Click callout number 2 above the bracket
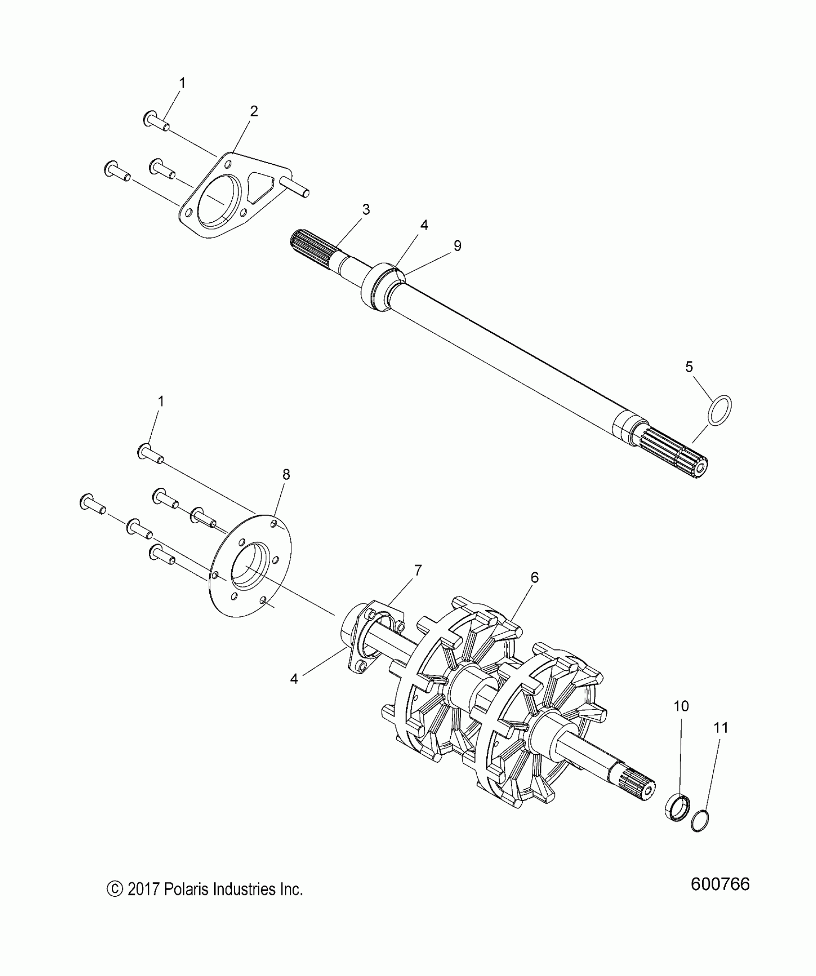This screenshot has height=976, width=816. click(x=254, y=111)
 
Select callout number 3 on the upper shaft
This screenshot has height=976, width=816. click(x=366, y=210)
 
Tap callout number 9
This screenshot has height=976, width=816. click(x=457, y=246)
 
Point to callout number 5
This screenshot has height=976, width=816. click(x=689, y=367)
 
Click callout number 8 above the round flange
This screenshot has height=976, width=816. click(x=286, y=475)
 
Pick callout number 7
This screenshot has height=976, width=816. click(x=418, y=571)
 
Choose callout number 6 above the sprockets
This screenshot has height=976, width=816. click(x=534, y=578)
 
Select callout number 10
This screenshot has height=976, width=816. click(x=681, y=706)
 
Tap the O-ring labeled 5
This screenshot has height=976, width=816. click(x=720, y=410)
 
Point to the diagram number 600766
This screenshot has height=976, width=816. click(x=720, y=884)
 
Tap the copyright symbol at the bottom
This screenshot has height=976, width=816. click(x=114, y=889)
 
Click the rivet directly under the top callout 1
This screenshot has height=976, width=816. click(x=155, y=120)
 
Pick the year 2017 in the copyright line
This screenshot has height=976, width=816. click(x=143, y=889)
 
